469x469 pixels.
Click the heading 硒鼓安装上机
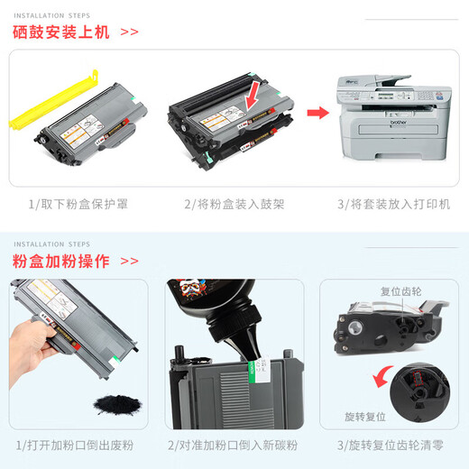click(x=61, y=32)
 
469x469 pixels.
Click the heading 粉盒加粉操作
click(x=61, y=262)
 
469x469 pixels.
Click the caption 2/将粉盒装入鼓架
click(x=233, y=205)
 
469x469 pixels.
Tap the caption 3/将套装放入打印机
click(x=393, y=205)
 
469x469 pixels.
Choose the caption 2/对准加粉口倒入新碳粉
click(x=234, y=446)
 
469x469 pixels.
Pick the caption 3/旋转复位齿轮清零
click(x=391, y=446)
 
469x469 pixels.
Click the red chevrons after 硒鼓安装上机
click(x=129, y=32)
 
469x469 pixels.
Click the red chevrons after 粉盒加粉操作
click(x=129, y=262)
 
